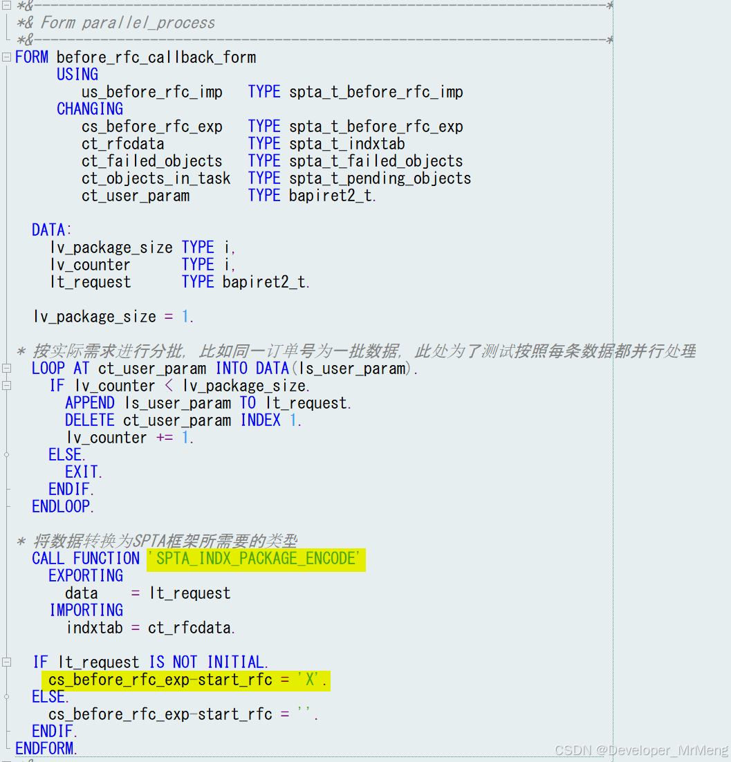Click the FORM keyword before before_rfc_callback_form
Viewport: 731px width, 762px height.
pyautogui.click(x=32, y=57)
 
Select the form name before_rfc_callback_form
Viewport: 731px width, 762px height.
pyautogui.click(x=156, y=57)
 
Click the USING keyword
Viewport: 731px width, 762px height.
pyautogui.click(x=77, y=75)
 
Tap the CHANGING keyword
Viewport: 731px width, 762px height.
pyautogui.click(x=90, y=109)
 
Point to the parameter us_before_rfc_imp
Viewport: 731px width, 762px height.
pyautogui.click(x=152, y=92)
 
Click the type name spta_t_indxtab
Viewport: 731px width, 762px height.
pyautogui.click(x=347, y=144)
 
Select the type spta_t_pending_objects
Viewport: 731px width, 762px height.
pyautogui.click(x=380, y=178)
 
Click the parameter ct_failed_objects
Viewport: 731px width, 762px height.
pyautogui.click(x=152, y=161)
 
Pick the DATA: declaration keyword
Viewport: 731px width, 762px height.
pyautogui.click(x=52, y=230)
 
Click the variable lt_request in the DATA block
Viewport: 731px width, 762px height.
pyautogui.click(x=91, y=282)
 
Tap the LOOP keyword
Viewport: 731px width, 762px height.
pyautogui.click(x=48, y=369)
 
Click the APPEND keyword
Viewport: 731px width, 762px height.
pyautogui.click(x=90, y=403)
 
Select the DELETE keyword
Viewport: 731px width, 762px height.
pyautogui.click(x=90, y=420)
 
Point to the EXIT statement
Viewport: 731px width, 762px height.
pyautogui.click(x=83, y=472)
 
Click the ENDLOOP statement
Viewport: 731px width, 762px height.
pyautogui.click(x=62, y=507)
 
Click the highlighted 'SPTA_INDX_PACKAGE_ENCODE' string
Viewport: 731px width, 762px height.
pyautogui.click(x=256, y=559)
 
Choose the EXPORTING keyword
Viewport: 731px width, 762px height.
pyautogui.click(x=86, y=576)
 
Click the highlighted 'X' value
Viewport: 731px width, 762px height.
pyautogui.click(x=311, y=680)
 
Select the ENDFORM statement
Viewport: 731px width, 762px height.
pyautogui.click(x=46, y=748)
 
